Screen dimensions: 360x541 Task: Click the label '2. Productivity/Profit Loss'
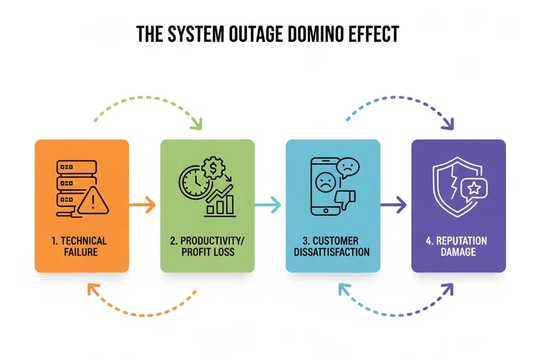pyautogui.click(x=208, y=246)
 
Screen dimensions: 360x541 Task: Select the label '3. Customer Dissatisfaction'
pyautogui.click(x=332, y=246)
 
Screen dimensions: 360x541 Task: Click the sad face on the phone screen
pyautogui.click(x=323, y=183)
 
